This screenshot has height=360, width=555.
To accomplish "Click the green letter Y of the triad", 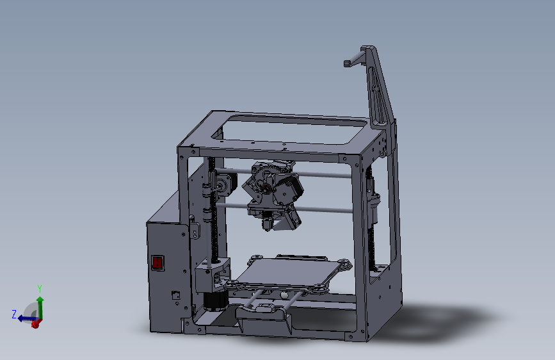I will pyautogui.click(x=40, y=289).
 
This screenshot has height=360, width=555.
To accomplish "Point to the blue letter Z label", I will pyautogui.click(x=13, y=314).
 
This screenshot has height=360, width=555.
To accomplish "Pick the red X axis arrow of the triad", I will pyautogui.click(x=36, y=324).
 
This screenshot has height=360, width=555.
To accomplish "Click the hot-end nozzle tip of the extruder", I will pyautogui.click(x=264, y=227).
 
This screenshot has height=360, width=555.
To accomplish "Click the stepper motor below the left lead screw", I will pyautogui.click(x=214, y=301).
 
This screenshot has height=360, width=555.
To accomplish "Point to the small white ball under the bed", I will pyautogui.click(x=283, y=295).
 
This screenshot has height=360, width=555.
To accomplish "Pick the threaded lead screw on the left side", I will pyautogui.click(x=211, y=211).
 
